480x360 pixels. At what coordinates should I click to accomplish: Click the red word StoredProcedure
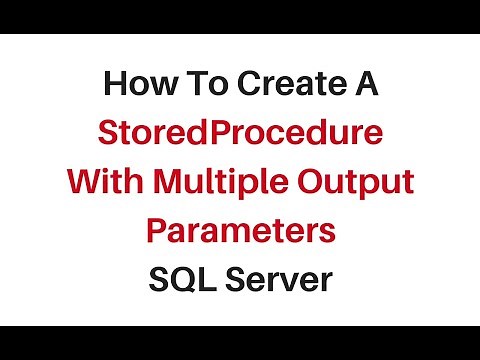pyautogui.click(x=240, y=134)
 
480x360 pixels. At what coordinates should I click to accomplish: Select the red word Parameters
pyautogui.click(x=240, y=232)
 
